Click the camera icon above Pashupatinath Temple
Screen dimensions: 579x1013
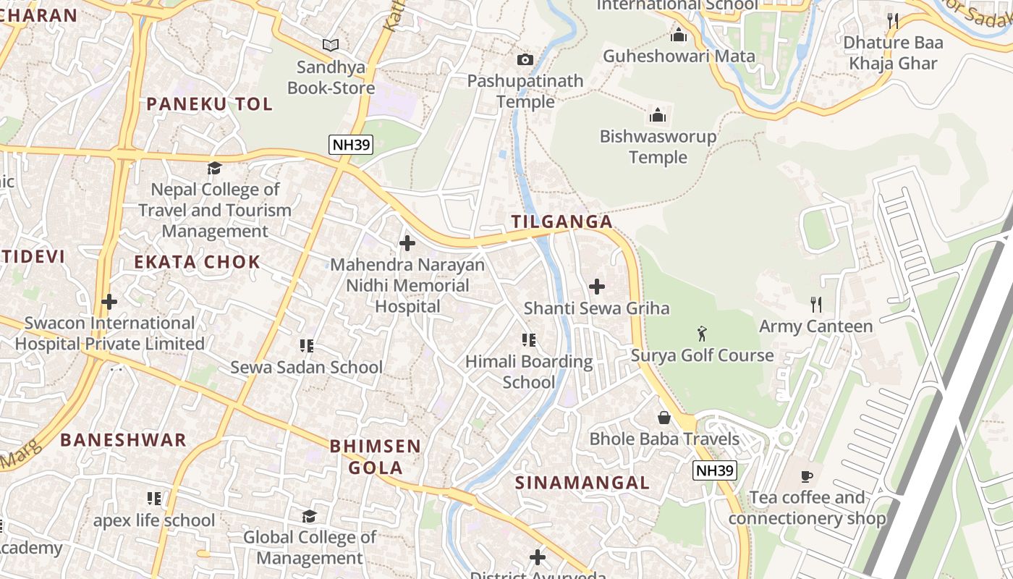[525, 59]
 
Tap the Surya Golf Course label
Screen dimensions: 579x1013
[702, 355]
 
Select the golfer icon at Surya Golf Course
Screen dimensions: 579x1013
[701, 334]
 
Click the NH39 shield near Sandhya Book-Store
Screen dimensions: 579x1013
[351, 145]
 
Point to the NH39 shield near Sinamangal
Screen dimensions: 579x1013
[714, 471]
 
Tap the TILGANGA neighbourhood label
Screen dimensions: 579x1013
[562, 222]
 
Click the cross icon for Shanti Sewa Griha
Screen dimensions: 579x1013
[597, 287]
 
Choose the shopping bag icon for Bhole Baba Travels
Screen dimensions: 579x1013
[664, 418]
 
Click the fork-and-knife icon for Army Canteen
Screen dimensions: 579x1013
[816, 305]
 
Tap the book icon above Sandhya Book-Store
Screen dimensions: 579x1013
[331, 46]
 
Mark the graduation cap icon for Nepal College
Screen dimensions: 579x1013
[215, 169]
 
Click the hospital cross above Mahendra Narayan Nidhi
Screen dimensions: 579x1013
[407, 243]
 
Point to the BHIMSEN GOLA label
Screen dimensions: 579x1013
[375, 457]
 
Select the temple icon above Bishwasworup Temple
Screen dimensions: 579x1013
[658, 115]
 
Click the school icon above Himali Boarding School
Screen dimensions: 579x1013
[529, 340]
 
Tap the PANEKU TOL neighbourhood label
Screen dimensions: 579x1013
[210, 104]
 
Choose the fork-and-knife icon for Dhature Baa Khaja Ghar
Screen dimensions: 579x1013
[893, 21]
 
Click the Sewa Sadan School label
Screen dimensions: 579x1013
[306, 367]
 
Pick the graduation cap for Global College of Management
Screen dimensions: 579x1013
[310, 516]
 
